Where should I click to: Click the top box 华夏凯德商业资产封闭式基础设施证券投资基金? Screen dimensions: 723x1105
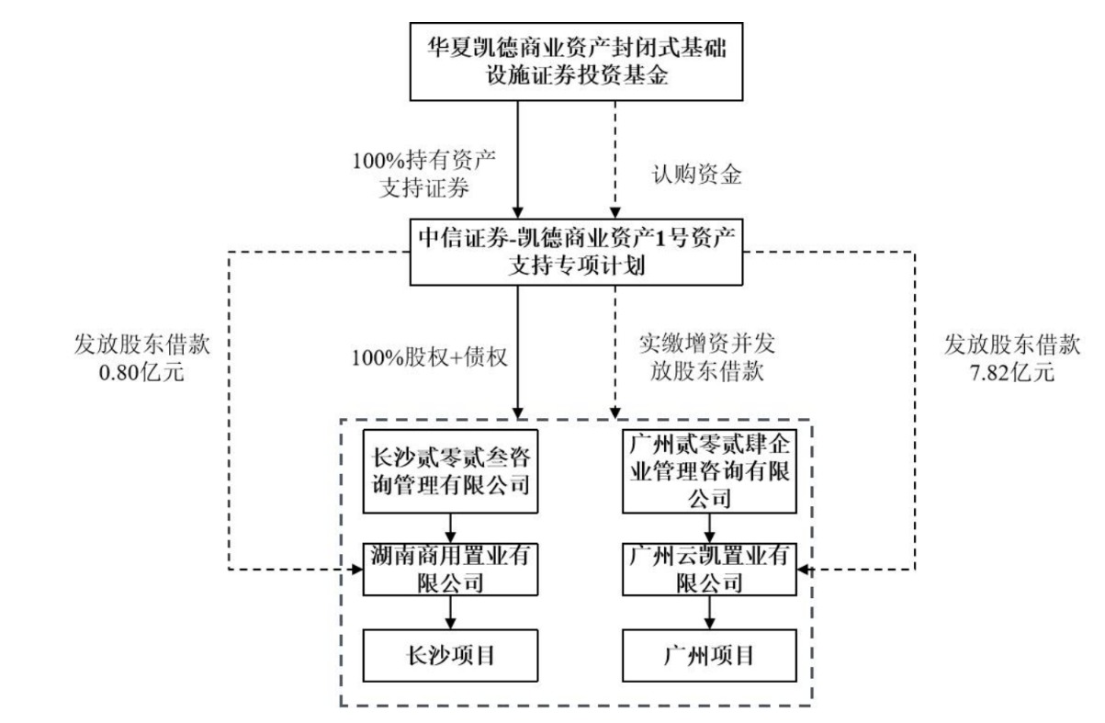click(566, 61)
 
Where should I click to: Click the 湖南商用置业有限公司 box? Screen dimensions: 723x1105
click(448, 570)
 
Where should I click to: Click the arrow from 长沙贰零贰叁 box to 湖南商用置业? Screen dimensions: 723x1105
click(448, 527)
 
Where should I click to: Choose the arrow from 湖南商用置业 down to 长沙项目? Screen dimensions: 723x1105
click(448, 613)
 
